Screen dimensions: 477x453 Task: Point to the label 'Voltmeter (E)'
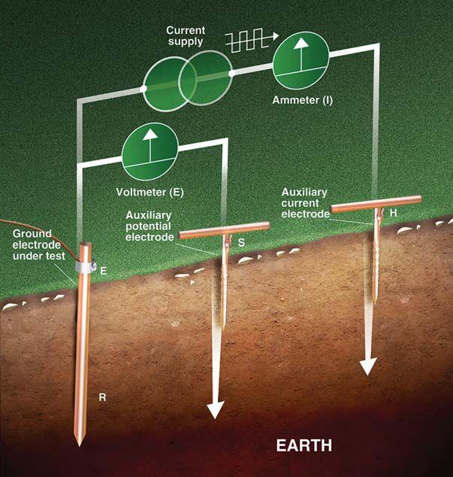pos(150,190)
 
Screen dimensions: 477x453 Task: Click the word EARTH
pos(304,445)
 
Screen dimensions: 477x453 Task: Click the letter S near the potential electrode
pos(241,242)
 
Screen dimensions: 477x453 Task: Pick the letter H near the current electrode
pos(393,213)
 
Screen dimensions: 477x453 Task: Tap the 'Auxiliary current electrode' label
pos(304,203)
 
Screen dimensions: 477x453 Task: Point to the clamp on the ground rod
pos(85,266)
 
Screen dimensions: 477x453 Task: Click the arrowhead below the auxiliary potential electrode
pos(216,409)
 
